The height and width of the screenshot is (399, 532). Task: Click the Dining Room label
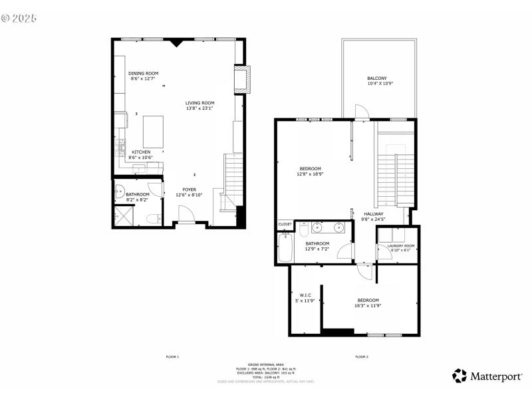pyautogui.click(x=143, y=73)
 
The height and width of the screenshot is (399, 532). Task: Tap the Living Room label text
pyautogui.click(x=199, y=102)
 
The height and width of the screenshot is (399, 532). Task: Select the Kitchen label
pyautogui.click(x=140, y=152)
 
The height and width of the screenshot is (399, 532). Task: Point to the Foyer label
pyautogui.click(x=190, y=190)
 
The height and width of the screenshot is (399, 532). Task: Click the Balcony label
pyautogui.click(x=377, y=78)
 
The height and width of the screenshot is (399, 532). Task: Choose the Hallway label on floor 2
pyautogui.click(x=373, y=213)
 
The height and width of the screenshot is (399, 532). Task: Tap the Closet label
pyautogui.click(x=285, y=224)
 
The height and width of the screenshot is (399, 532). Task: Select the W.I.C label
pyautogui.click(x=305, y=295)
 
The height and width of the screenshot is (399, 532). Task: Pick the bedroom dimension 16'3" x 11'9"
pyautogui.click(x=368, y=306)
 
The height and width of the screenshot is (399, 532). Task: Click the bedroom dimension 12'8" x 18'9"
pyautogui.click(x=310, y=174)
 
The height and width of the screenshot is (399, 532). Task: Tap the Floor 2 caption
pyautogui.click(x=362, y=357)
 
